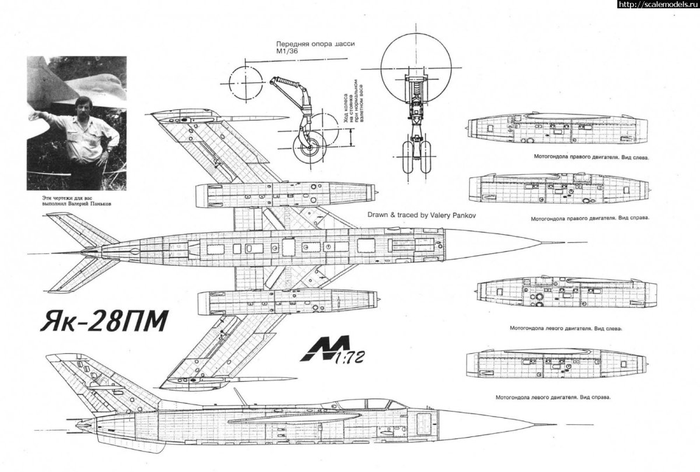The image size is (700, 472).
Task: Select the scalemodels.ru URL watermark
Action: point(657,5)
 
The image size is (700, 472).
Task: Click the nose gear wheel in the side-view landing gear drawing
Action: point(308,147)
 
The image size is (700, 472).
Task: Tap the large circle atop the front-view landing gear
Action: point(416,61)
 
